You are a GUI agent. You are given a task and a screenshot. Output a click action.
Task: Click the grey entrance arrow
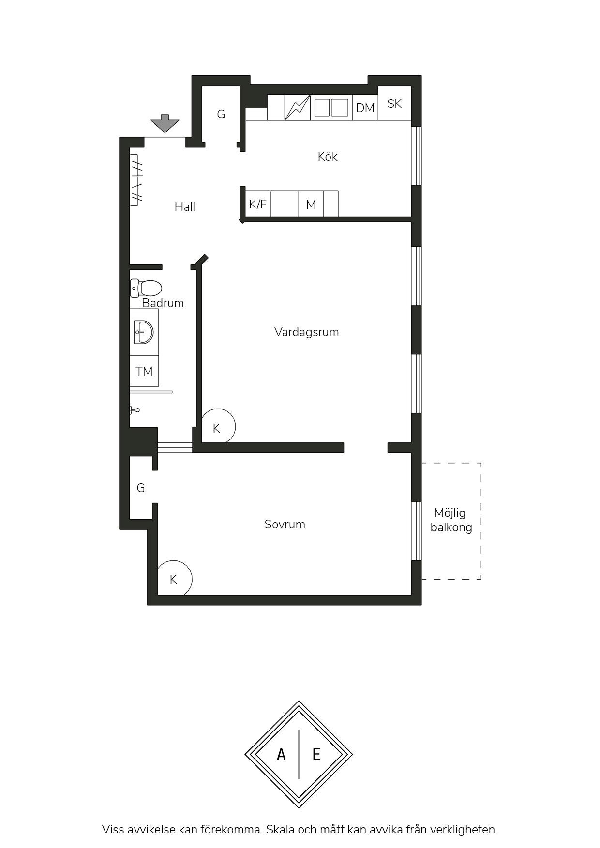click(x=165, y=123)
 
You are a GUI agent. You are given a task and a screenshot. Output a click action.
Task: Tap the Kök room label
click(x=328, y=156)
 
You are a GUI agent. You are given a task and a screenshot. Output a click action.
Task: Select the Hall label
click(x=185, y=206)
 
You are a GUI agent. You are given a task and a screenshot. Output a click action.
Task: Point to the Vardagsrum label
click(x=307, y=332)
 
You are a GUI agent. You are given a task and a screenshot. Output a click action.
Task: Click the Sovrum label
click(x=285, y=525)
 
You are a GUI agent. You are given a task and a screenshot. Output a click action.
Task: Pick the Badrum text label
click(x=163, y=303)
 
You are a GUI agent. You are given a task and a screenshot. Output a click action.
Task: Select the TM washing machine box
click(x=144, y=371)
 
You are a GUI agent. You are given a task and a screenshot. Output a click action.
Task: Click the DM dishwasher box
click(x=365, y=107)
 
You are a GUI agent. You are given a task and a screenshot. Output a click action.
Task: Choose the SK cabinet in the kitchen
click(x=394, y=103)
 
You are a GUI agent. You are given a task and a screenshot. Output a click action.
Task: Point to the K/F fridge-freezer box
click(x=258, y=204)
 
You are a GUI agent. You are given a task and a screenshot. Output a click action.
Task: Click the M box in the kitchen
click(x=311, y=205)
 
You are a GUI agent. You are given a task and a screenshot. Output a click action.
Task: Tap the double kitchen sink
click(x=331, y=107)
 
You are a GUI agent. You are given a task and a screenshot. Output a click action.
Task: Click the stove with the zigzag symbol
click(x=298, y=107)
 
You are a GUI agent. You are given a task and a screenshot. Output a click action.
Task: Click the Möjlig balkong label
click(x=451, y=520)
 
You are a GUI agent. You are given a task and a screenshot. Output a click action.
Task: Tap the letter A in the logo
click(x=281, y=754)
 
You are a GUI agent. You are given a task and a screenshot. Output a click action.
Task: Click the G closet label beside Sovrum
click(x=141, y=488)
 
